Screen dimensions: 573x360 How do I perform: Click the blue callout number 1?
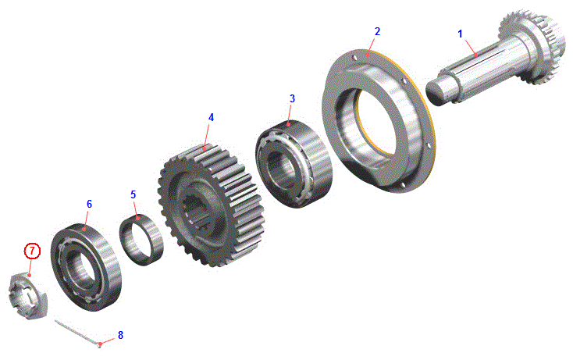pyautogui.click(x=460, y=34)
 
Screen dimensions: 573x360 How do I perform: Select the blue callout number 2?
pyautogui.click(x=378, y=31)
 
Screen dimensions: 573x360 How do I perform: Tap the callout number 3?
pyautogui.click(x=292, y=98)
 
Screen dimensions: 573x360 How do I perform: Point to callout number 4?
pyautogui.click(x=211, y=117)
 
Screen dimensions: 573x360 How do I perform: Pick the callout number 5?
pyautogui.click(x=133, y=194)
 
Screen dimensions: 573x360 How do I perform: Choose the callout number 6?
pyautogui.click(x=89, y=204)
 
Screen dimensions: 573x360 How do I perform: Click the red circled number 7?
pyautogui.click(x=32, y=251)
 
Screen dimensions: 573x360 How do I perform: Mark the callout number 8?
pyautogui.click(x=120, y=335)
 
